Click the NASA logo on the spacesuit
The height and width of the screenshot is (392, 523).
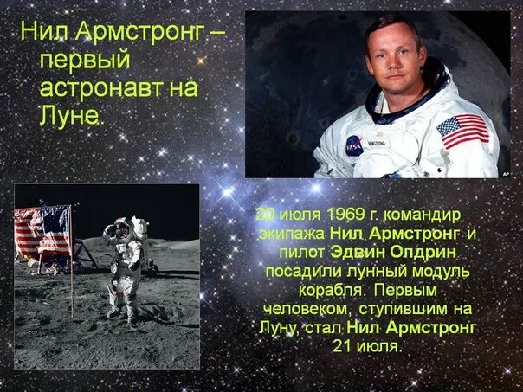pyautogui.click(x=354, y=145)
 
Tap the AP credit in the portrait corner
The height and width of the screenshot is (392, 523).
pyautogui.click(x=505, y=173)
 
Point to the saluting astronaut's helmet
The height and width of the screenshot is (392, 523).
pyautogui.click(x=120, y=228)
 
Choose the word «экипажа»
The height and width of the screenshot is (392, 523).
pyautogui.click(x=291, y=233)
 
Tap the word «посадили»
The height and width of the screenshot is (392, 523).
pyautogui.click(x=309, y=270)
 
